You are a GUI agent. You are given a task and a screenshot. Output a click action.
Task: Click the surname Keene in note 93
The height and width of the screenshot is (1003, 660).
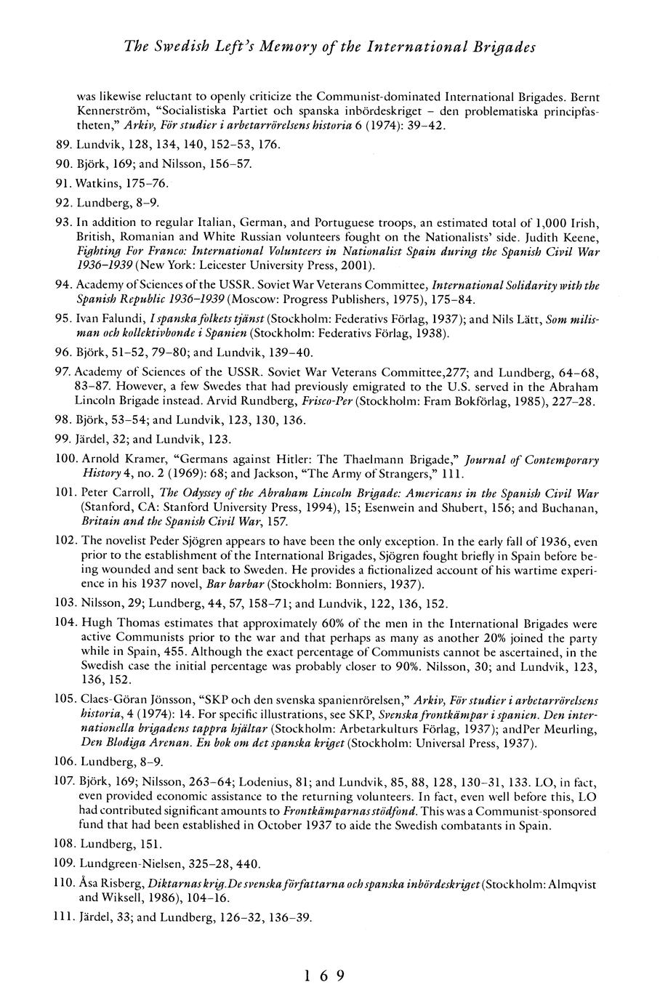(582, 235)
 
